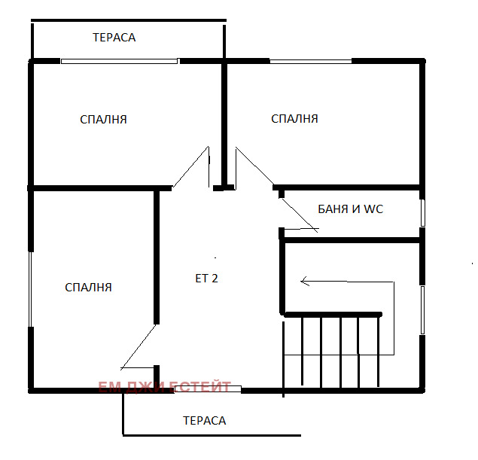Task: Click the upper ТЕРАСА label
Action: (114, 38)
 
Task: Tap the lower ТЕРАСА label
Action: (205, 421)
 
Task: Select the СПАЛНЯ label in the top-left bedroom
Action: (103, 120)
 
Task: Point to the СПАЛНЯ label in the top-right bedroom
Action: (294, 119)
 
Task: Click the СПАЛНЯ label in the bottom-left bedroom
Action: (88, 288)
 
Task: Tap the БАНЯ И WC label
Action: (350, 209)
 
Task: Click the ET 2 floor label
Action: (207, 279)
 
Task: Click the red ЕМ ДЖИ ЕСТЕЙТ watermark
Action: (165, 387)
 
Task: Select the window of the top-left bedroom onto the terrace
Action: (119, 61)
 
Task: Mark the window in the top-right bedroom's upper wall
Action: (311, 61)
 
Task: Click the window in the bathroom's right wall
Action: (422, 213)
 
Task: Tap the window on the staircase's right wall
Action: (422, 310)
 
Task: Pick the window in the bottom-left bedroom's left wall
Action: (30, 289)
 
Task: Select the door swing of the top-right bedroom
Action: (254, 166)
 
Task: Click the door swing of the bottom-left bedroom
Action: (139, 346)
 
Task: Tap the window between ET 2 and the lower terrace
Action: (208, 389)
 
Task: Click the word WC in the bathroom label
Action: (373, 209)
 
